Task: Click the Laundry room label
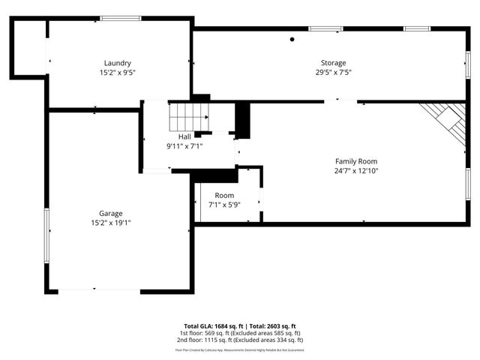118,63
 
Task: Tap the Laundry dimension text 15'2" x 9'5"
118,73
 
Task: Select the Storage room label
334,63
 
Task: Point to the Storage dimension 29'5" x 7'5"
334,73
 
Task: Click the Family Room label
355,161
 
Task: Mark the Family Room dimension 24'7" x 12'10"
355,171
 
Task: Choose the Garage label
110,213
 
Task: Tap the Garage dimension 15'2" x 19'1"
110,223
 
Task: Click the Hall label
184,136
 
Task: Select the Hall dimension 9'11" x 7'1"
184,146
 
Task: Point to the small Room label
224,195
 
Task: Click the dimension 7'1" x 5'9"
224,205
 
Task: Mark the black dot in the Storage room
292,39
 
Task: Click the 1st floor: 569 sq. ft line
240,333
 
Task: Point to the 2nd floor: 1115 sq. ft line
240,340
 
